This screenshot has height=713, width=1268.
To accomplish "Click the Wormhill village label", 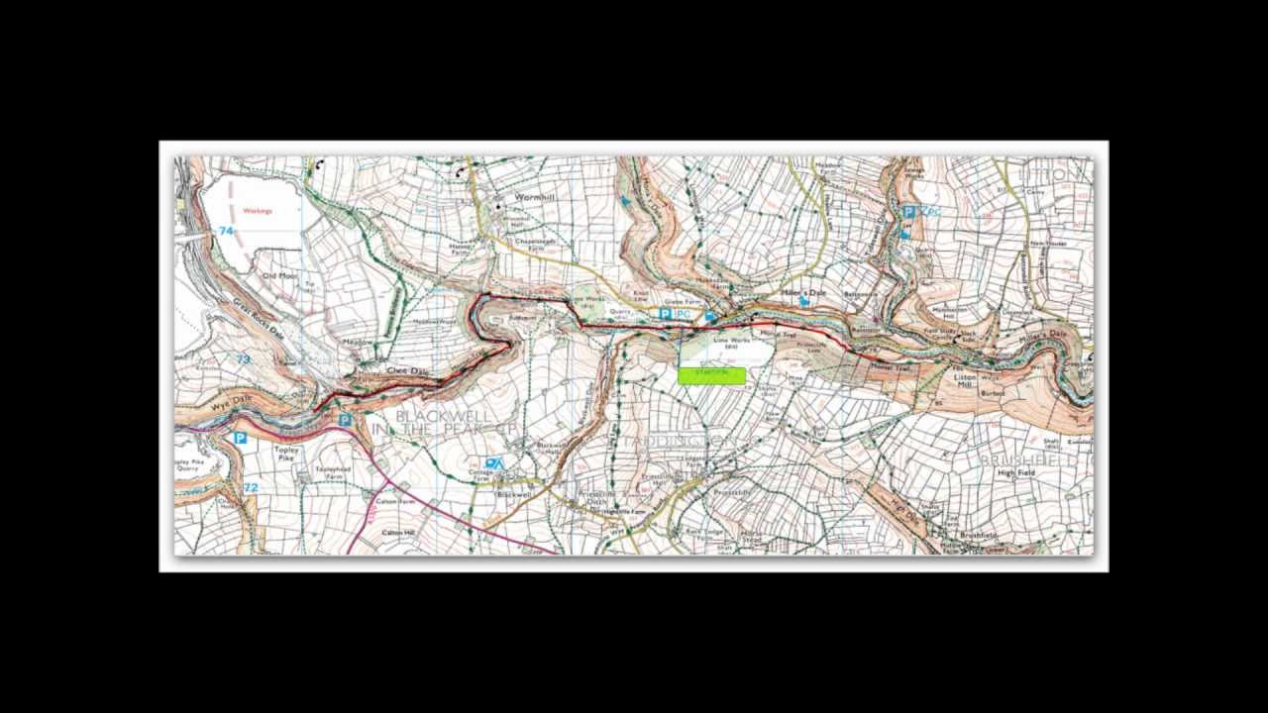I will [533, 198].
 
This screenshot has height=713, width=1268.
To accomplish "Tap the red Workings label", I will [257, 211].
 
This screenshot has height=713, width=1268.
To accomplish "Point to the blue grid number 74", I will [226, 231].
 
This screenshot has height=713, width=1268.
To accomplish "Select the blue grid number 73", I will [243, 359].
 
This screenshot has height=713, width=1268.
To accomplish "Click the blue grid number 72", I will [251, 487].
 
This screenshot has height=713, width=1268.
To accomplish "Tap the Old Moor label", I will [278, 276].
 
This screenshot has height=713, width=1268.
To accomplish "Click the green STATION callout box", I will [711, 375].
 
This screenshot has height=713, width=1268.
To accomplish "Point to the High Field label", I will [1015, 473].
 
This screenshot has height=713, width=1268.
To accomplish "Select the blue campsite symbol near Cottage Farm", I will [493, 462].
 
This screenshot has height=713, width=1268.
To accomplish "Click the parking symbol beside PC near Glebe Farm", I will [665, 314].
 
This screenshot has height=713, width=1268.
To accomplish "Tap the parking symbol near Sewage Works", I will [908, 211].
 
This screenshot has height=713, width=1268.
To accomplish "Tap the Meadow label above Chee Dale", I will [359, 342].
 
